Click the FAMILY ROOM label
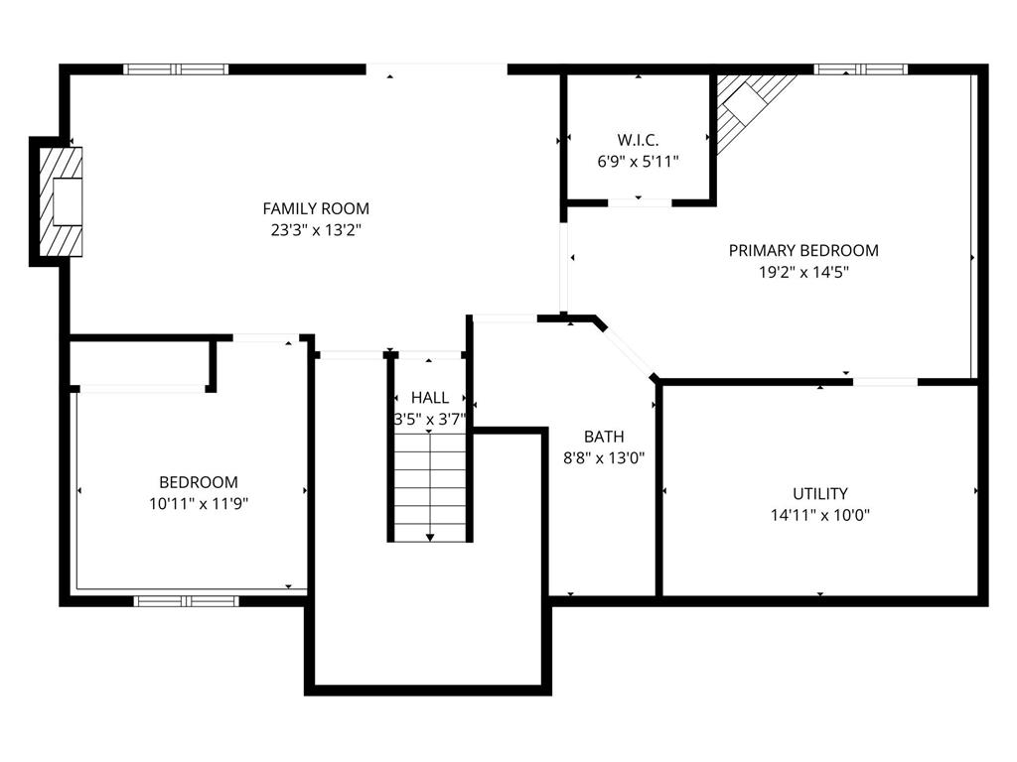tap(316, 208)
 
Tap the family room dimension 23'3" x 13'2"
tap(316, 230)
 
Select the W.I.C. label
tap(639, 140)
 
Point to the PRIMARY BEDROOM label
tap(803, 251)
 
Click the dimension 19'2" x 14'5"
tap(803, 272)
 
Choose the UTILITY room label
tap(819, 494)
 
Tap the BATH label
tap(604, 437)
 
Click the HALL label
tap(430, 398)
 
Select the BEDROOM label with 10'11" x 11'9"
tap(199, 483)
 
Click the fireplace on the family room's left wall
tap(61, 201)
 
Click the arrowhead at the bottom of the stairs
tap(430, 537)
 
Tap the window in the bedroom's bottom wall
tap(186, 601)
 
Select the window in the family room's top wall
tap(176, 69)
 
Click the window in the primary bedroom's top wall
tap(861, 69)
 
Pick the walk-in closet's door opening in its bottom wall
tap(640, 202)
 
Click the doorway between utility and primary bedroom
tap(885, 382)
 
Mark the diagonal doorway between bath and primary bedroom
tap(628, 350)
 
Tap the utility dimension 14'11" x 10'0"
tap(819, 516)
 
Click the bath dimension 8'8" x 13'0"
tap(604, 458)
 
